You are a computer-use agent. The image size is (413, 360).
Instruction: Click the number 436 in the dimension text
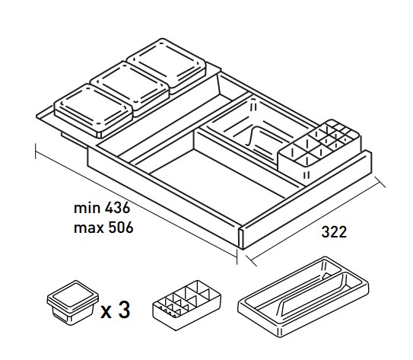pyautogui.click(x=117, y=208)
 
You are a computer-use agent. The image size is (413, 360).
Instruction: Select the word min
pyautogui.click(x=87, y=208)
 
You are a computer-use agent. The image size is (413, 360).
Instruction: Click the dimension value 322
pyautogui.click(x=334, y=232)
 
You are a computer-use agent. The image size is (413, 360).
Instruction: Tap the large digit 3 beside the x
pyautogui.click(x=124, y=310)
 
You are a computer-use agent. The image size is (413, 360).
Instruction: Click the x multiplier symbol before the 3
pyautogui.click(x=106, y=312)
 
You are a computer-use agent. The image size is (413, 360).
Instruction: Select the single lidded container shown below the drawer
pyautogui.click(x=73, y=302)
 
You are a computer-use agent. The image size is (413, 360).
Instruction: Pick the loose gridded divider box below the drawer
pyautogui.click(x=187, y=305)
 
